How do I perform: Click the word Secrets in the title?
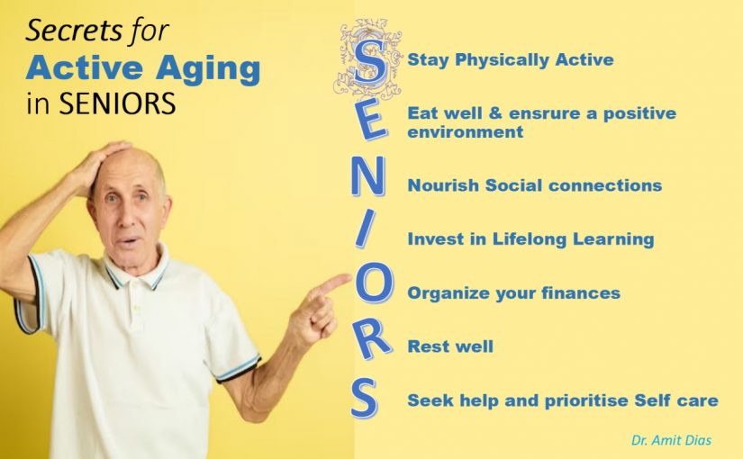click(68, 31)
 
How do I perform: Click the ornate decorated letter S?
click(369, 60)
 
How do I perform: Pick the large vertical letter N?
click(367, 176)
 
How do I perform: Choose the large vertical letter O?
click(374, 283)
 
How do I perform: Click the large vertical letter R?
click(374, 337)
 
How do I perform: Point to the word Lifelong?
click(530, 239)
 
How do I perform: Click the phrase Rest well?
click(450, 346)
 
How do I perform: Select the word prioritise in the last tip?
click(586, 400)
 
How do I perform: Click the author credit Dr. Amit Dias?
click(671, 440)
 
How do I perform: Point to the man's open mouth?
click(127, 242)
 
